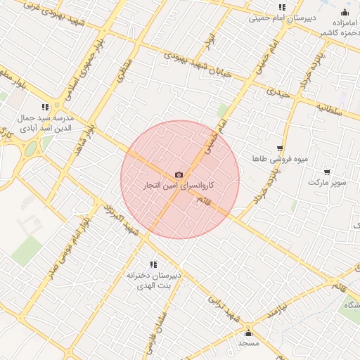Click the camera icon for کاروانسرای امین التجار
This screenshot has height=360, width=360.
click(x=179, y=174)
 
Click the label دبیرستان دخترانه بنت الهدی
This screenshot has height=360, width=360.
click(x=154, y=281)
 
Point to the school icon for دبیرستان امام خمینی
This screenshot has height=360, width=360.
click(x=282, y=7)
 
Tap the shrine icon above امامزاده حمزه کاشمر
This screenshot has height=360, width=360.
click(x=345, y=13)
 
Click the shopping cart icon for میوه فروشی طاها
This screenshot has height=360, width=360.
click(x=281, y=149)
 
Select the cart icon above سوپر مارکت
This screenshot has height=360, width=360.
click(x=328, y=172)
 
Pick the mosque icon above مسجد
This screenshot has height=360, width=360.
click(x=247, y=333)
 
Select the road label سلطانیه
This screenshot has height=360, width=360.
click(x=328, y=110)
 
